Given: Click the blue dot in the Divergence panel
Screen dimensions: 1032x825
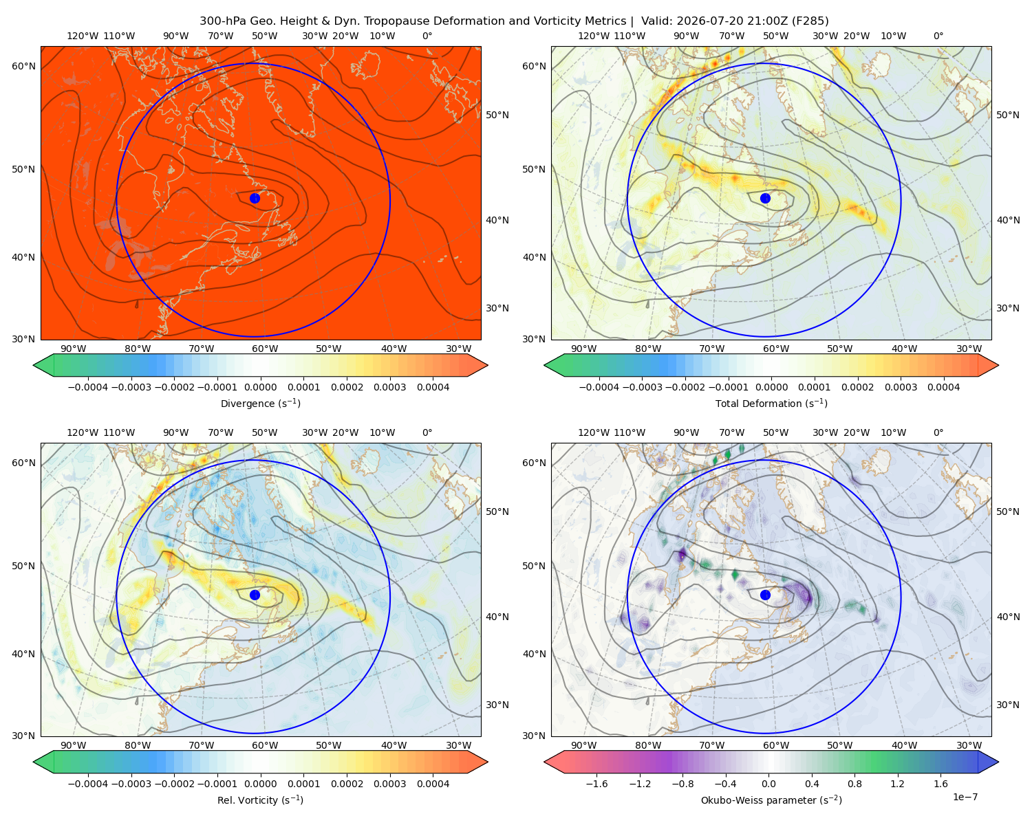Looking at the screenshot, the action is [255, 198].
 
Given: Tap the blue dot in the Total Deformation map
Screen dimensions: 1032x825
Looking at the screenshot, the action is [765, 198].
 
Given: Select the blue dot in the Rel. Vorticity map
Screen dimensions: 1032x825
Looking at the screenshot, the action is [255, 595].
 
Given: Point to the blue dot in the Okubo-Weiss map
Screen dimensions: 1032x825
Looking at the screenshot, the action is [765, 595].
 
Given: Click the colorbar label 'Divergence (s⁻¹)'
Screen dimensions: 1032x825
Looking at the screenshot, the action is [260, 403].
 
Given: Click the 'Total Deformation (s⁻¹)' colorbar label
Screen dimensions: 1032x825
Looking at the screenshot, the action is [771, 403].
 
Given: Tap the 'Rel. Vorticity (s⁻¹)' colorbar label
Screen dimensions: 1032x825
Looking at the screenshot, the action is [260, 800].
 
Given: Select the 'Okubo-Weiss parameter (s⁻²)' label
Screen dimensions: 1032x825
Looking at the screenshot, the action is [771, 800].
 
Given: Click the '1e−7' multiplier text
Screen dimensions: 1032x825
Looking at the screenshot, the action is [965, 797].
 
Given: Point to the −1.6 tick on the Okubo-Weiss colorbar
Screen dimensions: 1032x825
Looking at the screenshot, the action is [596, 784].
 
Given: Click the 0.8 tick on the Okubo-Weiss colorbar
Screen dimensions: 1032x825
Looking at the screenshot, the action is [854, 784].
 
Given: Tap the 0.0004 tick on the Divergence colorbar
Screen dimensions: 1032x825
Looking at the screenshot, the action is [433, 387].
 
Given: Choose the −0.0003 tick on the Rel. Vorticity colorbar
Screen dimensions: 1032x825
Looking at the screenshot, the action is [131, 784].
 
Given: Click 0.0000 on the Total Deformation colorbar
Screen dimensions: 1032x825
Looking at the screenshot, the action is [771, 387].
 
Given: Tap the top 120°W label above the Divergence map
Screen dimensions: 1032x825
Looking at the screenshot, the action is [83, 36].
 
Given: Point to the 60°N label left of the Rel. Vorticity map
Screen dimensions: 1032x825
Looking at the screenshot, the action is [23, 463].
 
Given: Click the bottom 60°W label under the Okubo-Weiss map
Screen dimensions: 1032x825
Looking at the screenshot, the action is [775, 745].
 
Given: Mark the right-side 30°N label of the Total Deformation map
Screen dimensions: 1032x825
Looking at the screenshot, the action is [1007, 308].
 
